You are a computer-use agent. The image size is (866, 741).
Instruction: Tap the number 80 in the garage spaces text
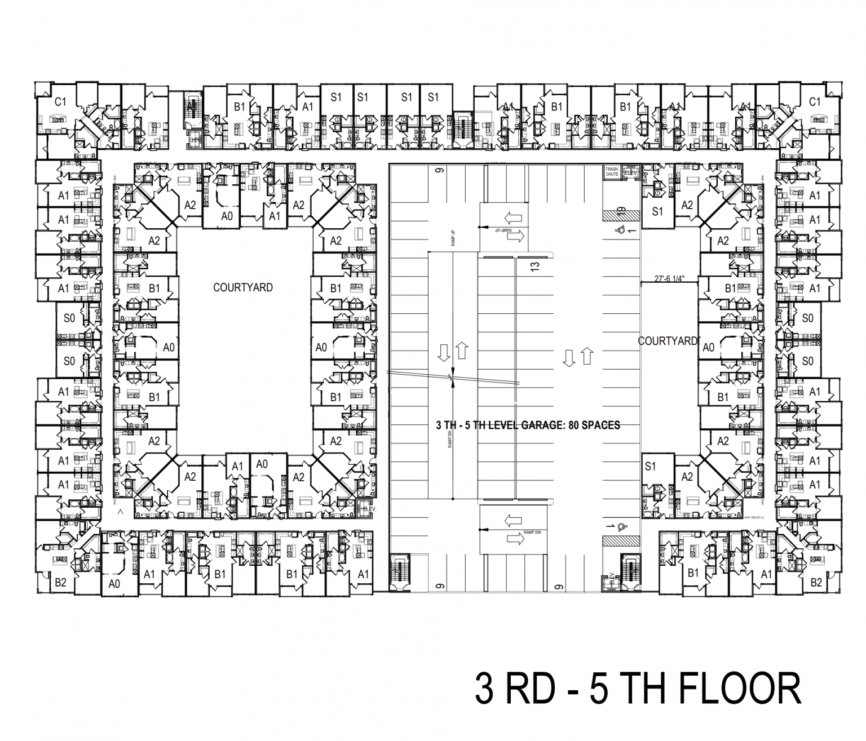click(573, 425)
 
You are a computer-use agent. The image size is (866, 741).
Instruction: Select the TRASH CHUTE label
click(612, 172)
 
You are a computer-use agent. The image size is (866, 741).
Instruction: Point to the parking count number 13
click(535, 265)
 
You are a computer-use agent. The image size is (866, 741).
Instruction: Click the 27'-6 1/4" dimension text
click(669, 278)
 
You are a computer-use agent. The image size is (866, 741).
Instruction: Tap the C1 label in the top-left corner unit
click(60, 102)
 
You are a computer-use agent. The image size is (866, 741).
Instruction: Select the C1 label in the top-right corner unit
click(815, 102)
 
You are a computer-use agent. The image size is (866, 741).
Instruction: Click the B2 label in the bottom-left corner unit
click(60, 583)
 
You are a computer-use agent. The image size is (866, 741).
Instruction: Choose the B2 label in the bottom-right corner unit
click(816, 583)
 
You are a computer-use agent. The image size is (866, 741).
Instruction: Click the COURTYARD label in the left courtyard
click(242, 287)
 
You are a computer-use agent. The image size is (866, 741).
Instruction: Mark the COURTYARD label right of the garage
click(668, 341)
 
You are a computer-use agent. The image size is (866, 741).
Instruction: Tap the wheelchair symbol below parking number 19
click(620, 229)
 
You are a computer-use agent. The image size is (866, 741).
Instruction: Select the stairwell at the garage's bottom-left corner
click(400, 571)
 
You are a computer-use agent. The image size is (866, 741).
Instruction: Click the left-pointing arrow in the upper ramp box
click(513, 218)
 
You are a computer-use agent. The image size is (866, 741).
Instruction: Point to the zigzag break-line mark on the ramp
click(452, 378)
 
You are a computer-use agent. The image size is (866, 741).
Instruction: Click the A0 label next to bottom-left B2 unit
click(114, 584)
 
